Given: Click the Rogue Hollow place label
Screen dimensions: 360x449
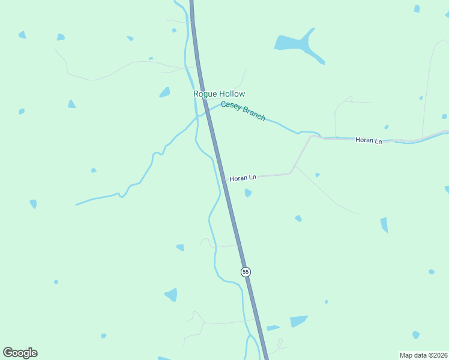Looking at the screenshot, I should pos(219,94).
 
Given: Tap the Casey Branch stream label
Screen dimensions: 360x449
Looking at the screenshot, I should pos(243,112).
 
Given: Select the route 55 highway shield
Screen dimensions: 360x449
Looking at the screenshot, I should pos(246,272).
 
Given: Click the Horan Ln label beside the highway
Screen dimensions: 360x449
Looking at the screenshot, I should pos(243,178).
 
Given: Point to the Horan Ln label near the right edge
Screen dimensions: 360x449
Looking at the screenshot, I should pos(368,140).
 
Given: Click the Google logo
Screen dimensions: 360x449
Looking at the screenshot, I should pos(20,353).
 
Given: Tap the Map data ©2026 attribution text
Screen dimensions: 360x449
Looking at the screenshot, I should pos(423,355).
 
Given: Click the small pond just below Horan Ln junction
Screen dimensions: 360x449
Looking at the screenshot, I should pos(248,193).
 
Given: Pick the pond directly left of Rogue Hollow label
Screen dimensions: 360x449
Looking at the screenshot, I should pos(164,92).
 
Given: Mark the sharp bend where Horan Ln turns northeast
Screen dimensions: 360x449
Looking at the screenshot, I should pos(291,173).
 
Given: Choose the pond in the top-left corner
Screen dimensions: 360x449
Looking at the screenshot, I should pos(22,35).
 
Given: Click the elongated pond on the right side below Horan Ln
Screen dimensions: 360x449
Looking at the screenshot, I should pos(384,225).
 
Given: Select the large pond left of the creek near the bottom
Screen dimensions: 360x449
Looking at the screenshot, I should pos(172,295).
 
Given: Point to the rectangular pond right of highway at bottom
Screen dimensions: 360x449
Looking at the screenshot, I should pos(299,321).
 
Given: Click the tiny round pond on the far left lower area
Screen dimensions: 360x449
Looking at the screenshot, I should pos(56,281).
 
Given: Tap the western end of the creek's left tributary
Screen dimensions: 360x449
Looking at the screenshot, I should pos(76,205).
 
